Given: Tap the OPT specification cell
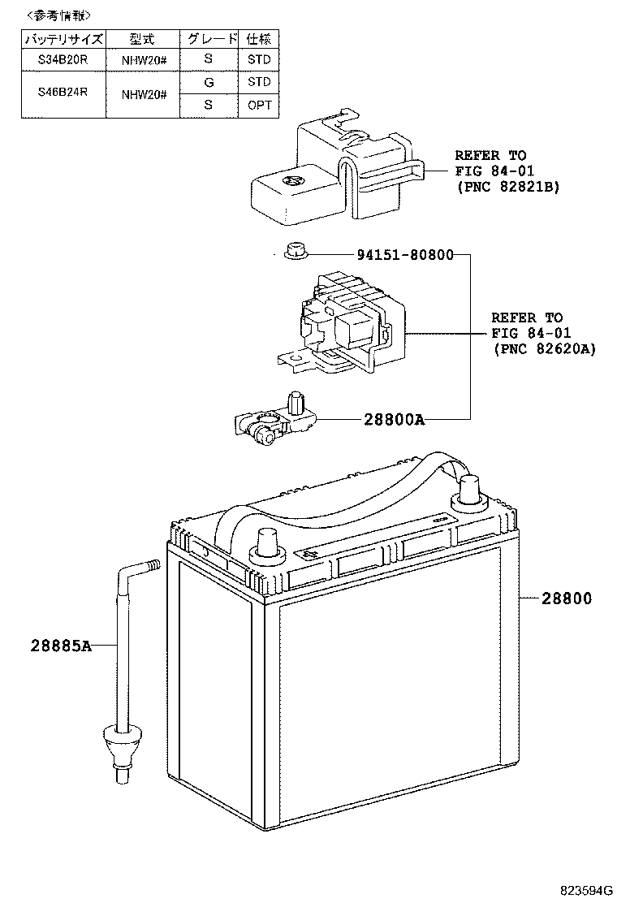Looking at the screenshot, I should [x=259, y=106].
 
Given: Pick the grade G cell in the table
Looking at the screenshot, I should [x=209, y=82].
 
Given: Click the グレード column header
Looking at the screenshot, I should [x=209, y=39].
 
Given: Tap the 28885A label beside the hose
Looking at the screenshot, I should [x=49, y=646].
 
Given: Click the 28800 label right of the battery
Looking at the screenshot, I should [x=567, y=598].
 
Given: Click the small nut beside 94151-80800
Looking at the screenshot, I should [x=295, y=253].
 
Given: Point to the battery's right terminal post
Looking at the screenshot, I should [x=470, y=490].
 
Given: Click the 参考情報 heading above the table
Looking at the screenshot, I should [x=59, y=15].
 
